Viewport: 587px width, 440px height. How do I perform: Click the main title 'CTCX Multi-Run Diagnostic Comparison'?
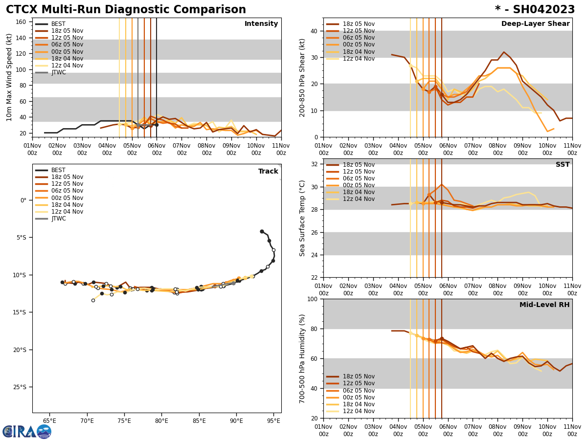pyautogui.click(x=126, y=10)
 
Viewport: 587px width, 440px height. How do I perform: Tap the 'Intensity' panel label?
pyautogui.click(x=261, y=24)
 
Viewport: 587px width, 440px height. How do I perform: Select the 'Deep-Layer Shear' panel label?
pyautogui.click(x=535, y=24)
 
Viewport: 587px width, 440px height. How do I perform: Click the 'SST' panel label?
pyautogui.click(x=563, y=165)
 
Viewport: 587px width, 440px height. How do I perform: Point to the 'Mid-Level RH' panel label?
pyautogui.click(x=544, y=305)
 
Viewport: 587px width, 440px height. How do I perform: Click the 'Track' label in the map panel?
pyautogui.click(x=268, y=172)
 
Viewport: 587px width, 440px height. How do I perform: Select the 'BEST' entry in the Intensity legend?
pyautogui.click(x=58, y=24)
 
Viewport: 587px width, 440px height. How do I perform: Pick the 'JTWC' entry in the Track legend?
pyautogui.click(x=58, y=219)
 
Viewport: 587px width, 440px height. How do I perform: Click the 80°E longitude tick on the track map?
pyautogui.click(x=161, y=420)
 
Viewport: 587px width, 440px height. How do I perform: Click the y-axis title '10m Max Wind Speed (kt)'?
pyautogui.click(x=9, y=77)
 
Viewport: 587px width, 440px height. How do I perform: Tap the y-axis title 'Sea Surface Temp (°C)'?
pyautogui.click(x=302, y=218)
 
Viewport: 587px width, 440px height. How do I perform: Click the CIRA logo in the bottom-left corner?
pyautogui.click(x=26, y=432)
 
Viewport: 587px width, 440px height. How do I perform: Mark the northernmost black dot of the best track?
pyautogui.click(x=262, y=231)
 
